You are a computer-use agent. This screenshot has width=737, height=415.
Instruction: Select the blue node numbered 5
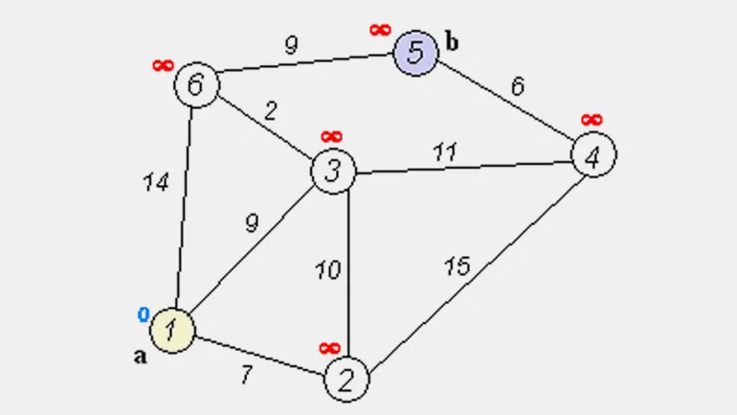coord(415,53)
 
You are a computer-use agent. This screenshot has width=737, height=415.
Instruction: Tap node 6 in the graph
coord(196,84)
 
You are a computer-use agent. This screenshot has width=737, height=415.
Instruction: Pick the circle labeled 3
coord(333,173)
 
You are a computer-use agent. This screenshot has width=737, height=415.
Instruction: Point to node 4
coord(593,155)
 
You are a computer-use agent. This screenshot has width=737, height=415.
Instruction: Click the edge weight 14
coord(155,182)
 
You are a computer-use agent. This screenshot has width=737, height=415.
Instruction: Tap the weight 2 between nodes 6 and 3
coord(271,110)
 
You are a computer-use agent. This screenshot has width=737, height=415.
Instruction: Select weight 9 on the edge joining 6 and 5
coord(292,43)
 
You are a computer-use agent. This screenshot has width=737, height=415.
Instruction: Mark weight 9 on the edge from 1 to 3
coord(252,223)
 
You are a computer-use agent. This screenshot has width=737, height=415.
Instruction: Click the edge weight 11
coord(445,151)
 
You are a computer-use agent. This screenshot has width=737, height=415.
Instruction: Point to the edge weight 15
coord(457,265)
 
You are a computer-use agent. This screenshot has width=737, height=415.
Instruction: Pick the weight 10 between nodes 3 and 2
coord(327,270)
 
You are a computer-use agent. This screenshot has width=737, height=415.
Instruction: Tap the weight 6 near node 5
coord(517,86)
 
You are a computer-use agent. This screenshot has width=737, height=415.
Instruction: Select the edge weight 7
coord(246,375)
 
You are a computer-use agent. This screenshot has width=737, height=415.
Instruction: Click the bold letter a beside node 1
coord(140,357)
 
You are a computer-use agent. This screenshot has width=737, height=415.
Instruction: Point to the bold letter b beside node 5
coord(452,41)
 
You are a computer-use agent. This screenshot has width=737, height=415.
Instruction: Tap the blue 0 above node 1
coord(144,314)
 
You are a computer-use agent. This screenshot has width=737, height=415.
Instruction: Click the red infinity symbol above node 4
coord(592,120)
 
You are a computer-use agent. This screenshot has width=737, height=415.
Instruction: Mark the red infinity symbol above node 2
coord(329,347)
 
